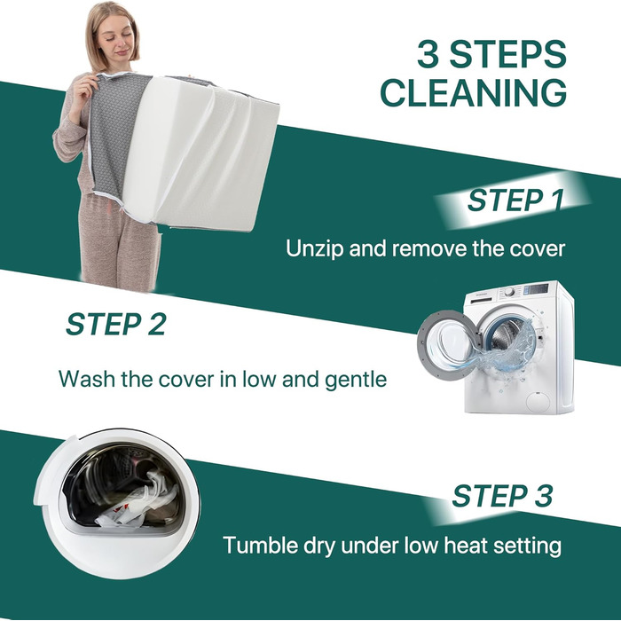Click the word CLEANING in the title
[473, 92]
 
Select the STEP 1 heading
[515, 200]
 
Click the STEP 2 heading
[115, 324]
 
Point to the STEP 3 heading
[502, 495]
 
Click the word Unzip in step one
[314, 249]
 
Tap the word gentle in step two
[356, 379]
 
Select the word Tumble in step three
[260, 545]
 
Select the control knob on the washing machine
[509, 292]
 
